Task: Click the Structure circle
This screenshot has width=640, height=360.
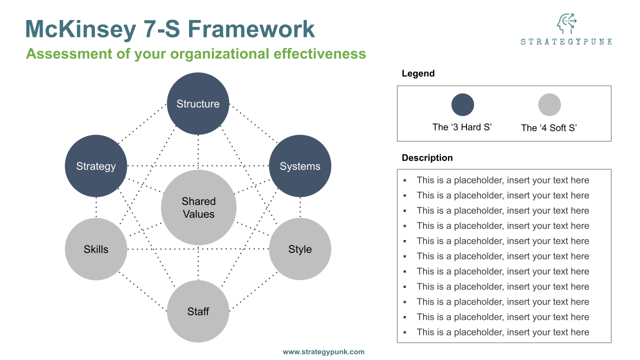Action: pyautogui.click(x=198, y=104)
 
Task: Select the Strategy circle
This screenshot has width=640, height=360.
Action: pyautogui.click(x=96, y=166)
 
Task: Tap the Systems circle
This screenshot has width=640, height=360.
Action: pyautogui.click(x=300, y=166)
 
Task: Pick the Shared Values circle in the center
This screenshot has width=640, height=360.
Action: pyautogui.click(x=198, y=207)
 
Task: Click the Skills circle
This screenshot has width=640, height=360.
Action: pyautogui.click(x=96, y=249)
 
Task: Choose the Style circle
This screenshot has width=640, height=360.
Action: pyautogui.click(x=300, y=249)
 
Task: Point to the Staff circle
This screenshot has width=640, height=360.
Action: pyautogui.click(x=198, y=311)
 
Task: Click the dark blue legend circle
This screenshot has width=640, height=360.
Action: pyautogui.click(x=462, y=105)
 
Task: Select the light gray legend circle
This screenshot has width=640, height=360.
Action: pyautogui.click(x=549, y=105)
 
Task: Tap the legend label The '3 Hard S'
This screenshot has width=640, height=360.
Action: pyautogui.click(x=462, y=127)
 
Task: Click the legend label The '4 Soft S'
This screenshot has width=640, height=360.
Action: pyautogui.click(x=549, y=128)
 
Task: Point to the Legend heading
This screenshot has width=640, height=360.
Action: pyautogui.click(x=418, y=73)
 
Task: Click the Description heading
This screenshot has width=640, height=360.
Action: pyautogui.click(x=427, y=158)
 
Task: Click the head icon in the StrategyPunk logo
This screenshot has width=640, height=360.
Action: pyautogui.click(x=566, y=23)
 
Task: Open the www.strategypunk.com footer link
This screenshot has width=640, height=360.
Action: pyautogui.click(x=323, y=352)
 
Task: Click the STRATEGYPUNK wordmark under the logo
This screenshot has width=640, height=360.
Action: pyautogui.click(x=566, y=42)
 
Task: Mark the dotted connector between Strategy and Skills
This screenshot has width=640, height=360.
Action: pyautogui.click(x=96, y=207)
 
